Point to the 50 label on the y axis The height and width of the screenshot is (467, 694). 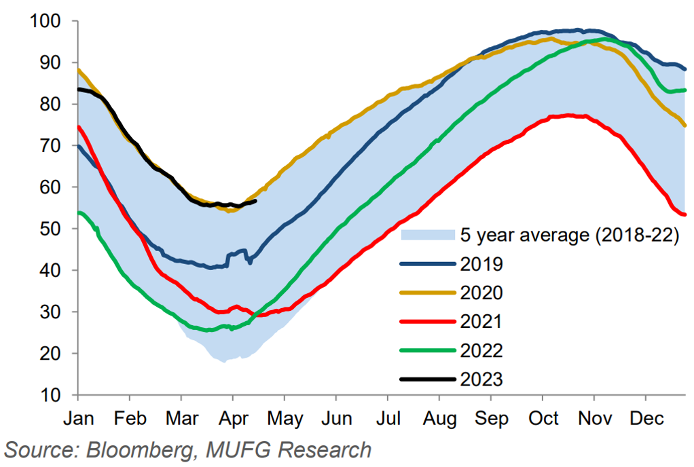pyautogui.click(x=55, y=229)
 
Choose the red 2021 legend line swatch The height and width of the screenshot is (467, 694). pyautogui.click(x=427, y=321)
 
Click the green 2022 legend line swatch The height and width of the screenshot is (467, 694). pyautogui.click(x=427, y=350)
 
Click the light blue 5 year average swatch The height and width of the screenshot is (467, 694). pyautogui.click(x=427, y=235)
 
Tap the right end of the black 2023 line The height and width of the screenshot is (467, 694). pyautogui.click(x=255, y=200)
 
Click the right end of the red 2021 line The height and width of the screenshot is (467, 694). pyautogui.click(x=684, y=214)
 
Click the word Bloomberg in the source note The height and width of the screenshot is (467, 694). pyautogui.click(x=128, y=450)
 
